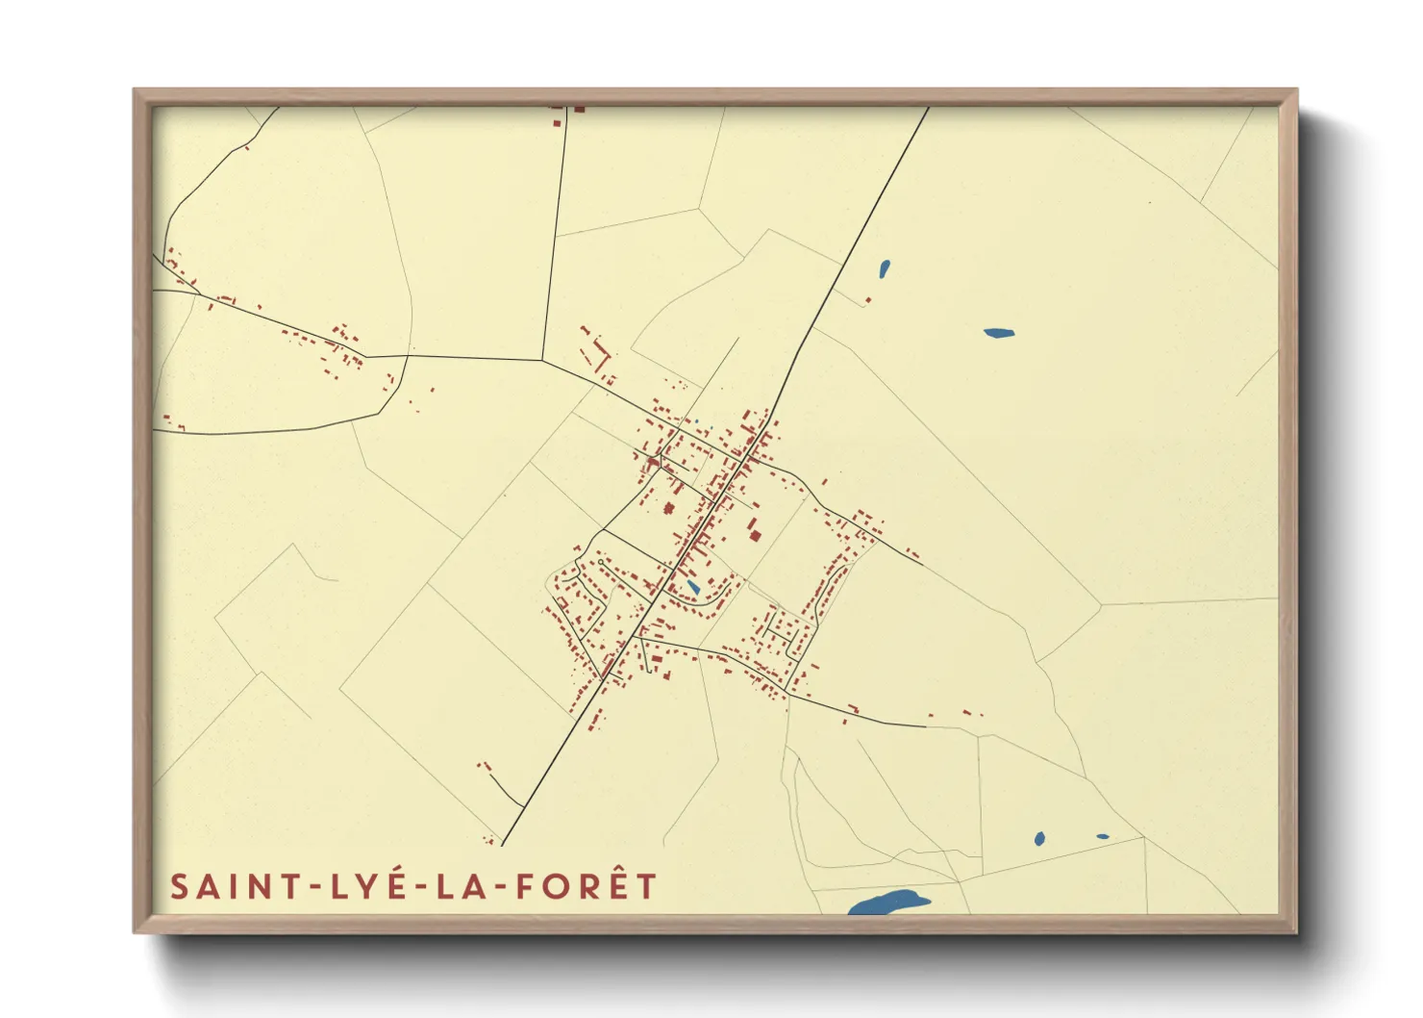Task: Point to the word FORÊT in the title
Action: pyautogui.click(x=587, y=886)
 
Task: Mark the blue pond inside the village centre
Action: pyautogui.click(x=692, y=586)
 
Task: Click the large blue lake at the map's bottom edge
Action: pyautogui.click(x=888, y=903)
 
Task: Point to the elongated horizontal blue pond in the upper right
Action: pyautogui.click(x=998, y=334)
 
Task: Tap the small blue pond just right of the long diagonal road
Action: pyautogui.click(x=884, y=268)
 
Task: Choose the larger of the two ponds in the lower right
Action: pyautogui.click(x=1039, y=839)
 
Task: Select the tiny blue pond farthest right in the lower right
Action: pyautogui.click(x=1102, y=836)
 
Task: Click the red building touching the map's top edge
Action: pyautogui.click(x=579, y=110)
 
